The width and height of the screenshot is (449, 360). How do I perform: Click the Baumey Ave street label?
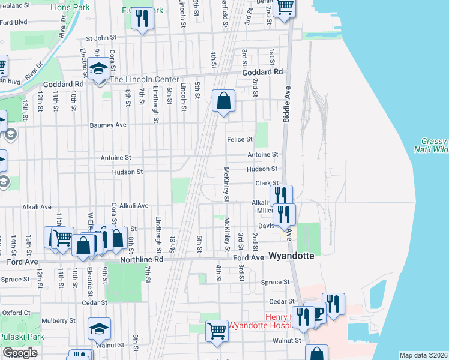[x=108, y=125]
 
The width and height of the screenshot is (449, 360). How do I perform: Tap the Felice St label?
[x=240, y=139]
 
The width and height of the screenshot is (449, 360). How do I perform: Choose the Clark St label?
[x=267, y=183]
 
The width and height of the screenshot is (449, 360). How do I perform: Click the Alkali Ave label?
[x=134, y=206]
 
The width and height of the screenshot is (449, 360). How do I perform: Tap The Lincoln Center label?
[x=144, y=79]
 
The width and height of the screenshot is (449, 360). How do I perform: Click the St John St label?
[x=100, y=38]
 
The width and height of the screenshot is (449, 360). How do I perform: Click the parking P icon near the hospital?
[x=318, y=311]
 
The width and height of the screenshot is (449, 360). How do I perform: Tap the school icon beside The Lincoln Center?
[x=98, y=68]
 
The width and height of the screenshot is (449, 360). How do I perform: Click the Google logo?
[x=20, y=353]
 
